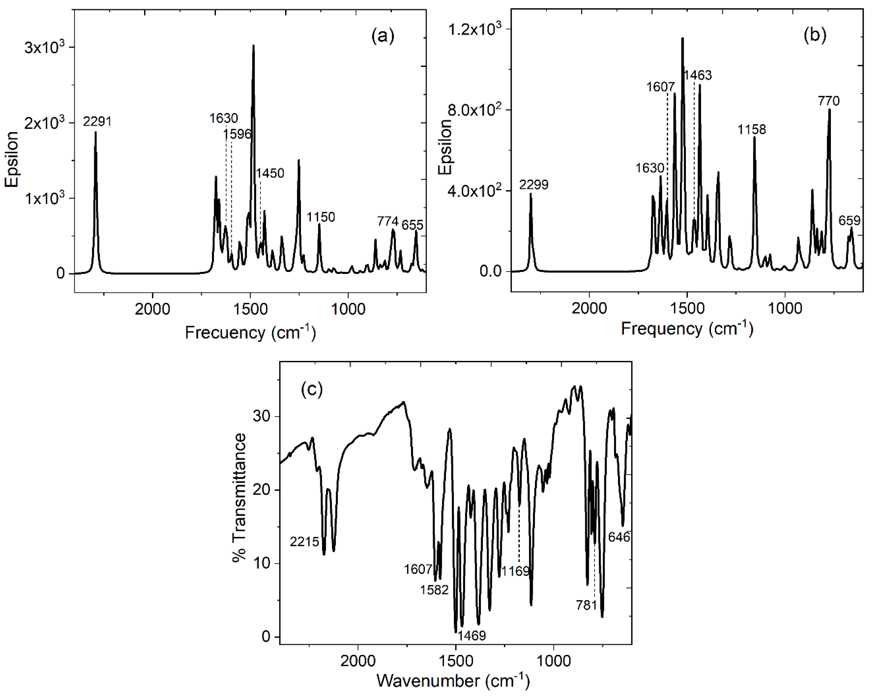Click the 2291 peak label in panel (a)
tap(97, 121)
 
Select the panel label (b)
tap(814, 35)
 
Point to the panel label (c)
tap(311, 389)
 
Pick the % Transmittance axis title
tap(240, 498)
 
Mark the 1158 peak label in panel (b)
tap(752, 130)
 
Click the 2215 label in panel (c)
tap(304, 542)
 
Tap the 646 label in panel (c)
tap(619, 537)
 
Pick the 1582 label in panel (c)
tap(434, 590)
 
